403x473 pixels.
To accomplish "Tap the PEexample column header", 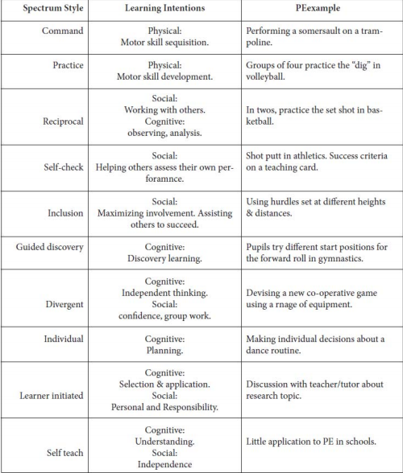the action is coord(319,10).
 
